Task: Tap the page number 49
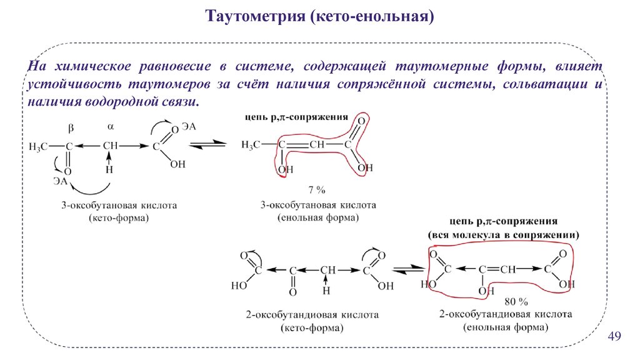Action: click(614, 338)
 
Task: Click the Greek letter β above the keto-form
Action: click(71, 127)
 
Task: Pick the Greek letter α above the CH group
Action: click(111, 126)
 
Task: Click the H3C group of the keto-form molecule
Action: click(38, 146)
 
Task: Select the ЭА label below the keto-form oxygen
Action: click(61, 181)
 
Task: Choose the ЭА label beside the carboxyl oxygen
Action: click(189, 127)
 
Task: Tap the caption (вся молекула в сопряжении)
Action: click(503, 236)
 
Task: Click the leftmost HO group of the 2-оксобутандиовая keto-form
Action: click(237, 286)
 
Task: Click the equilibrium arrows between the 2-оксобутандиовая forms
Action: click(406, 270)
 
